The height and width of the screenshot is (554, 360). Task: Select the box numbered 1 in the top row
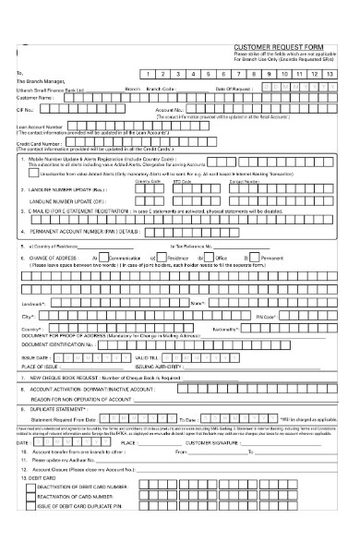148,72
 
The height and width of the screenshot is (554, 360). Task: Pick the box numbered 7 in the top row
239,72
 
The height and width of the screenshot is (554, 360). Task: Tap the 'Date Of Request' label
234,89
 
